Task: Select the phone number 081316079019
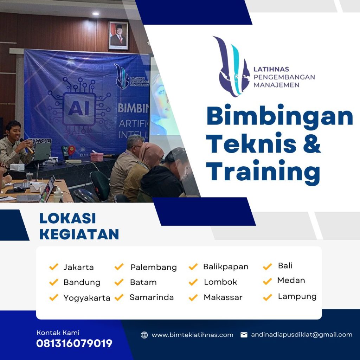tap(74, 343)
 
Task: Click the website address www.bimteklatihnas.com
tap(192, 335)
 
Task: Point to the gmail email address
tap(301, 335)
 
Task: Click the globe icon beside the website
tap(144, 335)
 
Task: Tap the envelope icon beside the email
tap(244, 335)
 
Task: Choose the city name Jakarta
tap(78, 267)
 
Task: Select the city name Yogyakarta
tap(87, 298)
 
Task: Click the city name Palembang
tap(154, 267)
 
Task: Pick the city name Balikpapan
tap(226, 267)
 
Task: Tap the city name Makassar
tap(223, 297)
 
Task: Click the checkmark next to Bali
tap(268, 266)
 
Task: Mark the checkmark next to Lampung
tap(268, 297)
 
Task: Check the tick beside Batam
tap(119, 282)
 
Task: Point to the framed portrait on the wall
tap(118, 36)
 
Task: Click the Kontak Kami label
tap(58, 333)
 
